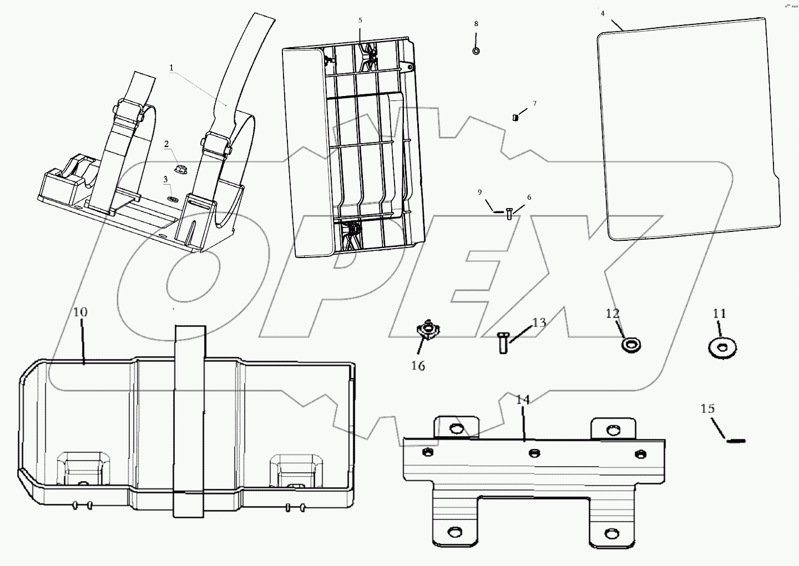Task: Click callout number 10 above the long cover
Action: click(80, 312)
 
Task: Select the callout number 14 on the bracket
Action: click(523, 400)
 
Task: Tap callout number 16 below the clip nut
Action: click(418, 366)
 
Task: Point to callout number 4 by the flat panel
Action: click(603, 12)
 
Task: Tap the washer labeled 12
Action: click(630, 345)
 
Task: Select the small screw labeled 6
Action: click(509, 214)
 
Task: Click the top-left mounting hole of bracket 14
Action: click(456, 428)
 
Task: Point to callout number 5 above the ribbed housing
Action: click(360, 21)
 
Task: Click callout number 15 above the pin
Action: click(707, 409)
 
